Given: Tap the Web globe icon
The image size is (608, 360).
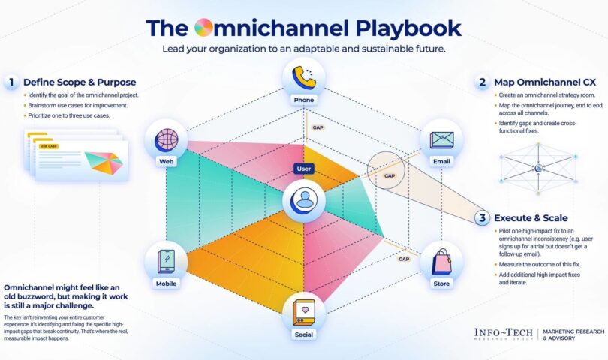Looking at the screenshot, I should [x=167, y=141].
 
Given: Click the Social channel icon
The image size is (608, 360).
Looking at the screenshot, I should [x=303, y=310].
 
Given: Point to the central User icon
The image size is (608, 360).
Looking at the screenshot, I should [x=304, y=200].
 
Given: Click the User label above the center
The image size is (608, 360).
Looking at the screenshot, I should [x=304, y=169].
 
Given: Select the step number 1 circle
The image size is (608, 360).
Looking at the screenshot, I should [x=11, y=82].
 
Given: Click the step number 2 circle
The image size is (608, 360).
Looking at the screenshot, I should [x=482, y=82].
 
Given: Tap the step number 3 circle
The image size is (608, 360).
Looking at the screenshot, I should [x=482, y=218].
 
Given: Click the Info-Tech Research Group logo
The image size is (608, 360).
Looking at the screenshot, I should [x=504, y=334].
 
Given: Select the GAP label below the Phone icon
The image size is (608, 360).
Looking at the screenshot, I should [x=318, y=127].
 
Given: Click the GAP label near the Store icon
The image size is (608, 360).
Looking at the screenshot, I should [x=404, y=259].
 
